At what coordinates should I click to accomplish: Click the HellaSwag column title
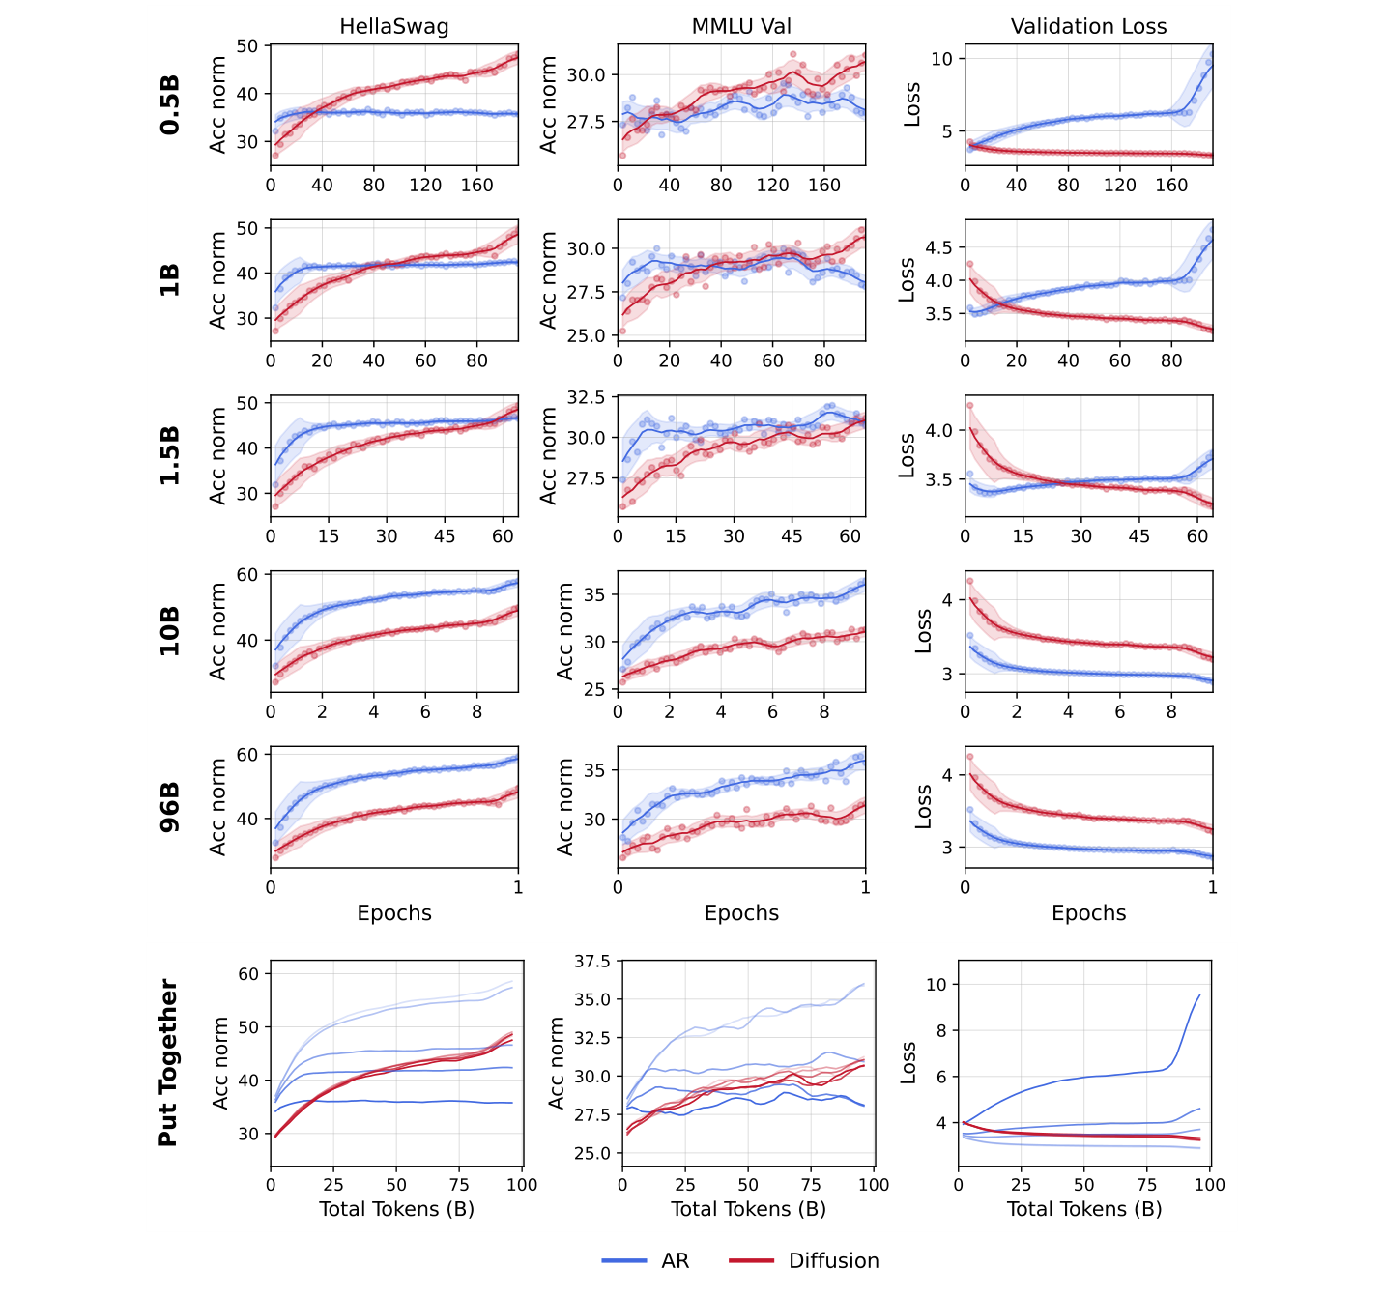point(393,27)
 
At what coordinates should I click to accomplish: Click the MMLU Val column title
point(741,27)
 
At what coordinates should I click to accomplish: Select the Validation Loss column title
point(1088,27)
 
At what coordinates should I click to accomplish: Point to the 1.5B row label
point(170,455)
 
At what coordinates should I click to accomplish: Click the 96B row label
point(170,807)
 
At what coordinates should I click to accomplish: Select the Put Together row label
point(168,1063)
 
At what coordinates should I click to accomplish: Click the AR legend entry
point(675,1260)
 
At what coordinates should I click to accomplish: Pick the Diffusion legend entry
point(833,1260)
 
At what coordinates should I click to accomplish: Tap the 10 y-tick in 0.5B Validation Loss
point(941,59)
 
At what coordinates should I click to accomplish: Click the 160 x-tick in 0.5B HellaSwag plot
point(476,185)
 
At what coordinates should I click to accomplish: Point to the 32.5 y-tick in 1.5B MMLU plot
point(586,397)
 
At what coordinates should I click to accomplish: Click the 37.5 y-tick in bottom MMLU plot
point(591,961)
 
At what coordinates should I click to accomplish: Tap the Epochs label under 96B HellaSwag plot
point(393,913)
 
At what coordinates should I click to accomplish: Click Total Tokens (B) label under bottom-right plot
point(1083,1209)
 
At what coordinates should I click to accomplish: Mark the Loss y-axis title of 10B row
point(923,631)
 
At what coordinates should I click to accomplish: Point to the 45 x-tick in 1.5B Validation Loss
point(1139,535)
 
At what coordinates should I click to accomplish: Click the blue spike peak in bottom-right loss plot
point(1199,995)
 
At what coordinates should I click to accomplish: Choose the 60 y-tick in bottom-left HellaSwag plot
point(248,974)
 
